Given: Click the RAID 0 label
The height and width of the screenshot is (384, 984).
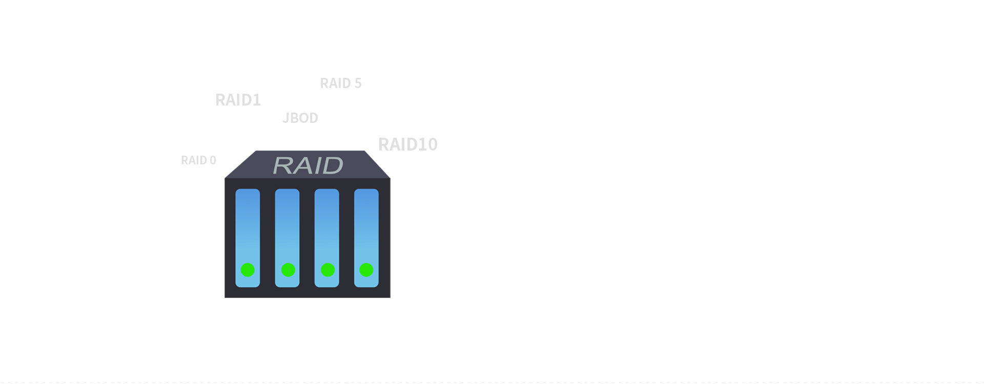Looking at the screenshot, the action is [x=198, y=160].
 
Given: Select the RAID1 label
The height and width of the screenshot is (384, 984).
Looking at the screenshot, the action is [x=238, y=100].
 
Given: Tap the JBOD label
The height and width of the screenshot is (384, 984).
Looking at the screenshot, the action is [x=300, y=118].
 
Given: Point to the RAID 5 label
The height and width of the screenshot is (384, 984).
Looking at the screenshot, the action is [x=341, y=83].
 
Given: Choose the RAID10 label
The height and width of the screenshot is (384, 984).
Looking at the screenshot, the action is [x=408, y=144].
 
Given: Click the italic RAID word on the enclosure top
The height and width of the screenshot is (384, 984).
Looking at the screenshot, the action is [x=308, y=165].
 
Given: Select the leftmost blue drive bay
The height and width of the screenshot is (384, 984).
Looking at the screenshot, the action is [x=248, y=238].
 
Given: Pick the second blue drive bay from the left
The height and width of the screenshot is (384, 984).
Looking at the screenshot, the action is [x=287, y=238].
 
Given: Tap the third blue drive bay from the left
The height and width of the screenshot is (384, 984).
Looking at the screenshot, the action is [x=326, y=238].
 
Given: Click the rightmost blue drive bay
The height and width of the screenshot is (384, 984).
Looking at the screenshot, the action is [x=366, y=238].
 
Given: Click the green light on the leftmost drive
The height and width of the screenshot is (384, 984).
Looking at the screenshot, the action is [x=248, y=270].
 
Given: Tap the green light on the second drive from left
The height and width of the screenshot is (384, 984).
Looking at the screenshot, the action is [x=288, y=270].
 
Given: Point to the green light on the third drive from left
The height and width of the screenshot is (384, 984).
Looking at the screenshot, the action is [x=327, y=270].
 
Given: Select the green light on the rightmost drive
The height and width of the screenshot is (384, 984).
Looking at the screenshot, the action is [x=366, y=270].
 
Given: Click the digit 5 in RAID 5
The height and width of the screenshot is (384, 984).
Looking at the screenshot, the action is [x=358, y=83].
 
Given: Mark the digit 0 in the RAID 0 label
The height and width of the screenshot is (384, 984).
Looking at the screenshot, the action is [x=213, y=160].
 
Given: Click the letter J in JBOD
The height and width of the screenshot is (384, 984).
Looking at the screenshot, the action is [x=285, y=118].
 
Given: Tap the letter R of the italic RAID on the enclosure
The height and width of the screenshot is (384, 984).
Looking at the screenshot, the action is [x=282, y=165].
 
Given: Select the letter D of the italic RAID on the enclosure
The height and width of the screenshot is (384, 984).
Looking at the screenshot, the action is [x=333, y=165].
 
